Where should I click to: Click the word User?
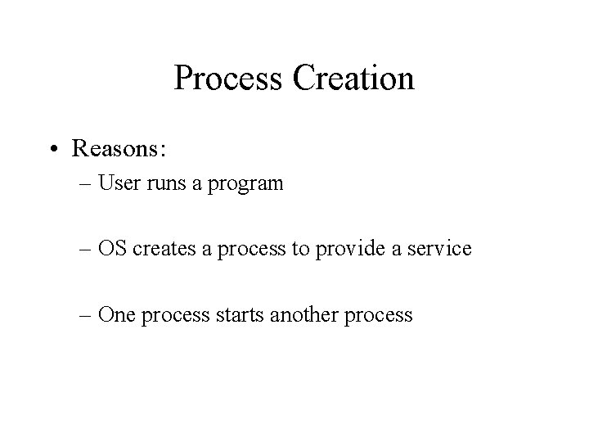pyautogui.click(x=119, y=183)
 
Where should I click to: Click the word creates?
pyautogui.click(x=161, y=248)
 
